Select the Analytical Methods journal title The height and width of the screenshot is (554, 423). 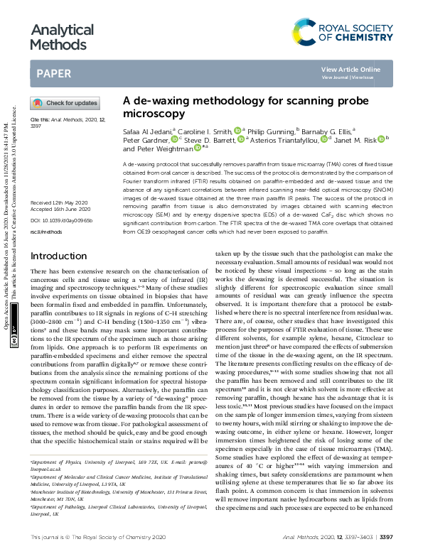tap(61, 37)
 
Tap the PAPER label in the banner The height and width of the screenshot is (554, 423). tap(53, 73)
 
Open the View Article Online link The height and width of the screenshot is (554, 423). tap(350, 69)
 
